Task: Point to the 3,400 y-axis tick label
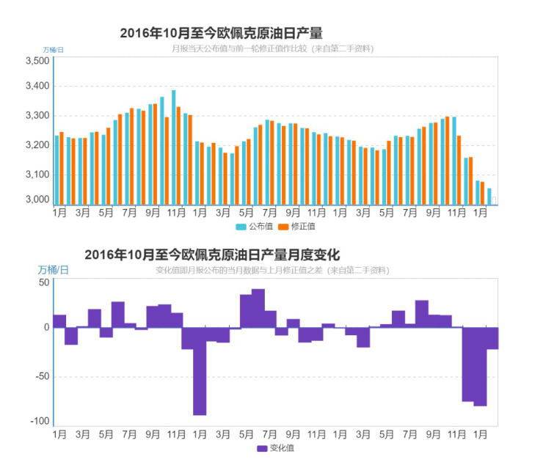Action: click(x=37, y=87)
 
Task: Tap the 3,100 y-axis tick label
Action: click(x=37, y=175)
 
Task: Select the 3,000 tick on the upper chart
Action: click(x=37, y=199)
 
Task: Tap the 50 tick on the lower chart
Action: click(x=44, y=282)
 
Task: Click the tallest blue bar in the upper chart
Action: click(x=174, y=147)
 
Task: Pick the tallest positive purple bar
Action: click(x=258, y=308)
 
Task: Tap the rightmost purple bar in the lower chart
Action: click(x=492, y=338)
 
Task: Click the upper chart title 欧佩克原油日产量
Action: click(x=221, y=33)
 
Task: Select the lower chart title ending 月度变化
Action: click(x=212, y=255)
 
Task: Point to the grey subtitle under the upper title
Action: click(x=272, y=48)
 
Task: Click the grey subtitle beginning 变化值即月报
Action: click(x=272, y=271)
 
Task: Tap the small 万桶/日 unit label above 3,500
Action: click(x=53, y=49)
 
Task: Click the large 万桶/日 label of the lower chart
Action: click(x=55, y=270)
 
